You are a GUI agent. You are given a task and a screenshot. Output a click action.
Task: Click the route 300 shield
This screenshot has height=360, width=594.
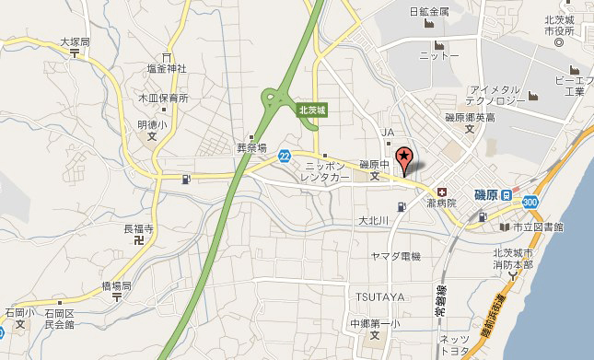point(530,201)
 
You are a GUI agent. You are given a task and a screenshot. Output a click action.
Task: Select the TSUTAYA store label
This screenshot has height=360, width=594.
point(377,295)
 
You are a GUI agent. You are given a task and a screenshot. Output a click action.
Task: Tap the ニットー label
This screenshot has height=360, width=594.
point(438,55)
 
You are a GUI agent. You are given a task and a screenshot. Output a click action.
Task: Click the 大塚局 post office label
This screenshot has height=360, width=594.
point(75,41)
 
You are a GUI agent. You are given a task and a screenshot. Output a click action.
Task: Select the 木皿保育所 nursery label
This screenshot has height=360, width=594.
point(163,98)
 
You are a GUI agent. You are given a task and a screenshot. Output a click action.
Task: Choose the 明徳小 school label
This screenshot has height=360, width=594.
point(152,124)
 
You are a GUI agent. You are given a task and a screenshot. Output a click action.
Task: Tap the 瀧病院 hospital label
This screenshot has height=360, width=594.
point(439,202)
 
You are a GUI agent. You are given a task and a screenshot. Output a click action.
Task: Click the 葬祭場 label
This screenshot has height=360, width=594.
point(250,146)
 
